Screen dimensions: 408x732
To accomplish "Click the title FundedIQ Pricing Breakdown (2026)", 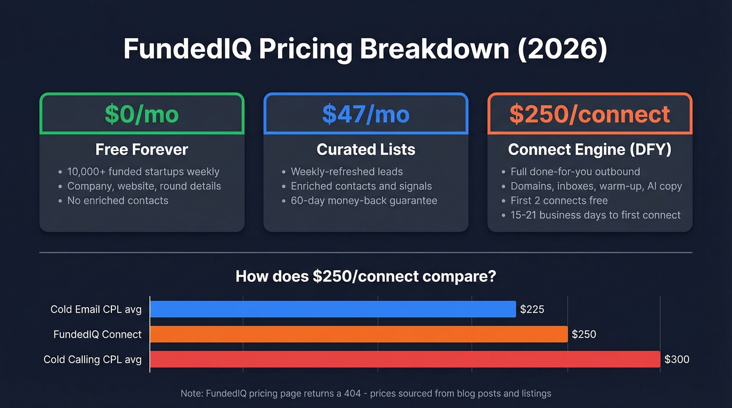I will click(365, 49).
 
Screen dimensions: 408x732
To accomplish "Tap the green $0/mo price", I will click(142, 114).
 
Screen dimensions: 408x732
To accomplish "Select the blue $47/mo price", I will click(365, 114).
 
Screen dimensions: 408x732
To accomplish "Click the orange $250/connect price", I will click(589, 114).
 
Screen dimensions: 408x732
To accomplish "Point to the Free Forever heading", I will click(142, 150).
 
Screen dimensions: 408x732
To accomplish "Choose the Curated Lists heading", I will click(365, 150).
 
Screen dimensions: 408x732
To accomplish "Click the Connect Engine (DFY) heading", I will click(589, 150).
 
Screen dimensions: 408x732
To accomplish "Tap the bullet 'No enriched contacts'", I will click(118, 201).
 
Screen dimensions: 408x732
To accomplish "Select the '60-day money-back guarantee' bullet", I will click(363, 201).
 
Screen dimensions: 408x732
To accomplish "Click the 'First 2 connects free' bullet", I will click(559, 201).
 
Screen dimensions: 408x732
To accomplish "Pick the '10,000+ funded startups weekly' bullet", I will click(143, 171).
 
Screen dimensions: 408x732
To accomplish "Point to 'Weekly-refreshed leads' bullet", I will click(347, 171).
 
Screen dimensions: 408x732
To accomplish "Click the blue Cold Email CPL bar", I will click(333, 309).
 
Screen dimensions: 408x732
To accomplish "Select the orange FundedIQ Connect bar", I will click(359, 334).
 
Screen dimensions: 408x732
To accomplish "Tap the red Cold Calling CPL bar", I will click(405, 359).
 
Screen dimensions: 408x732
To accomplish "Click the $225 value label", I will click(532, 309).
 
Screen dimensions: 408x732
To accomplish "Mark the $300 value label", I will click(677, 359).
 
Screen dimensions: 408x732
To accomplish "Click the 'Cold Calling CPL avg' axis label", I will click(93, 359).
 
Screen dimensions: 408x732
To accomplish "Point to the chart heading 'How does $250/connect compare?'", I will click(365, 276).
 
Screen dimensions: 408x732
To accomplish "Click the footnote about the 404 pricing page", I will click(365, 393).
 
